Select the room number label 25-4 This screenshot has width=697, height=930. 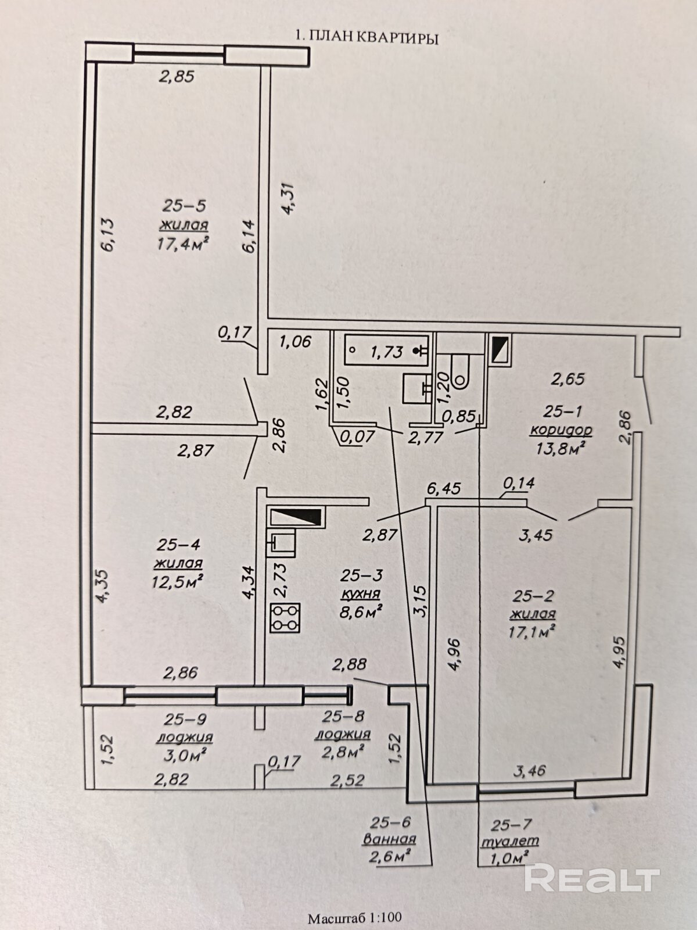[x=178, y=545]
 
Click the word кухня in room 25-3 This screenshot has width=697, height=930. [x=360, y=593]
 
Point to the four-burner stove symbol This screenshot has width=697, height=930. [x=285, y=618]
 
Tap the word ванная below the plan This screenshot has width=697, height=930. [x=389, y=839]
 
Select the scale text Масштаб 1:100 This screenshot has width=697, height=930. [x=354, y=919]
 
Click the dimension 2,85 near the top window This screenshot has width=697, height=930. [x=177, y=76]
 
